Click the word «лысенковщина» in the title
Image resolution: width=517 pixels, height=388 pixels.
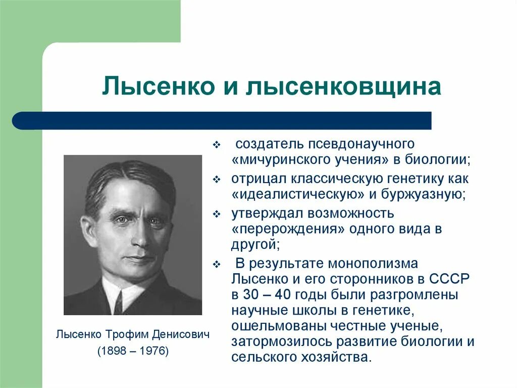(343, 87)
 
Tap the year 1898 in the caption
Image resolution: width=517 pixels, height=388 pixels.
(114, 350)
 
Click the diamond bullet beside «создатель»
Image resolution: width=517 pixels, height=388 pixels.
(216, 145)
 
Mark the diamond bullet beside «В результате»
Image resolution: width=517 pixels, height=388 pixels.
(216, 265)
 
